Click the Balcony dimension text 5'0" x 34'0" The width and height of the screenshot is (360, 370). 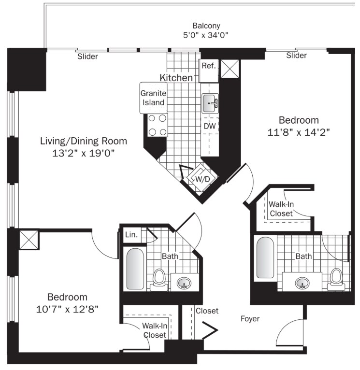(206, 35)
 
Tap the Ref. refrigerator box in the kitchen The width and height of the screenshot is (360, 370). (209, 71)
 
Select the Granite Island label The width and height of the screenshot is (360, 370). (153, 98)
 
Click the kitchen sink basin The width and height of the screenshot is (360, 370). (210, 103)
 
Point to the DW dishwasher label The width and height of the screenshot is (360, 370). (210, 126)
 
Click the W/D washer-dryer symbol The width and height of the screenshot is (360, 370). (202, 179)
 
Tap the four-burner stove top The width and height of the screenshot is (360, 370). (158, 125)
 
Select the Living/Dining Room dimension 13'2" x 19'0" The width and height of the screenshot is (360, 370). (83, 154)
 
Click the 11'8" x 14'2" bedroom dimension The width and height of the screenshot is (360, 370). (298, 132)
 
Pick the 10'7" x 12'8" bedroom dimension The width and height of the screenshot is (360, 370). (67, 309)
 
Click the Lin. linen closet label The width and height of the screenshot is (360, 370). (131, 235)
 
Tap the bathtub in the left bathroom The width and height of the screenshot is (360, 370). (135, 269)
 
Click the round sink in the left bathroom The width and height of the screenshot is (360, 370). (184, 283)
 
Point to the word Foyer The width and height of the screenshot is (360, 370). (250, 319)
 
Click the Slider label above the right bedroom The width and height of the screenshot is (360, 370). (297, 56)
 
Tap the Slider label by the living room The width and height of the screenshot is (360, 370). (87, 57)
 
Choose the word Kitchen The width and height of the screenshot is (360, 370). (176, 78)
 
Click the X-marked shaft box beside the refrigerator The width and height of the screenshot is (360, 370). (230, 69)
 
